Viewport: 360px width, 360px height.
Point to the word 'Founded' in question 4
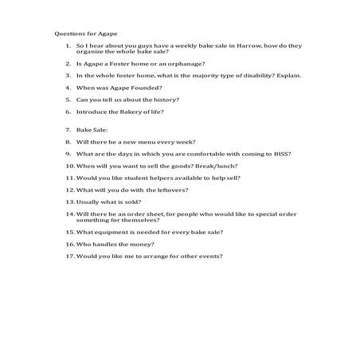click(148, 88)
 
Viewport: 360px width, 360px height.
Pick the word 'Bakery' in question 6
click(130, 113)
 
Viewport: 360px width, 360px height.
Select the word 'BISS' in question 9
click(280, 154)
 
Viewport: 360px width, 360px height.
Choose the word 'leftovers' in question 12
click(168, 191)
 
